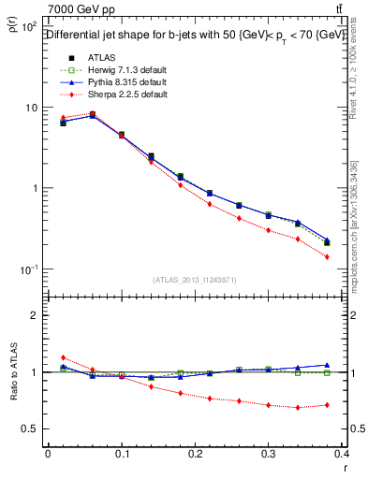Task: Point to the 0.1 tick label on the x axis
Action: tap(121, 453)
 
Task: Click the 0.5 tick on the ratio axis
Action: tap(30, 428)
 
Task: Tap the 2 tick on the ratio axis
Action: tap(35, 315)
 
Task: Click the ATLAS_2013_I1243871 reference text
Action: tap(195, 280)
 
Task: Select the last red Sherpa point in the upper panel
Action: tap(327, 256)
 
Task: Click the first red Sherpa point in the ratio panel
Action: tap(63, 357)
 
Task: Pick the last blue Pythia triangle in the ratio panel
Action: tap(327, 365)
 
